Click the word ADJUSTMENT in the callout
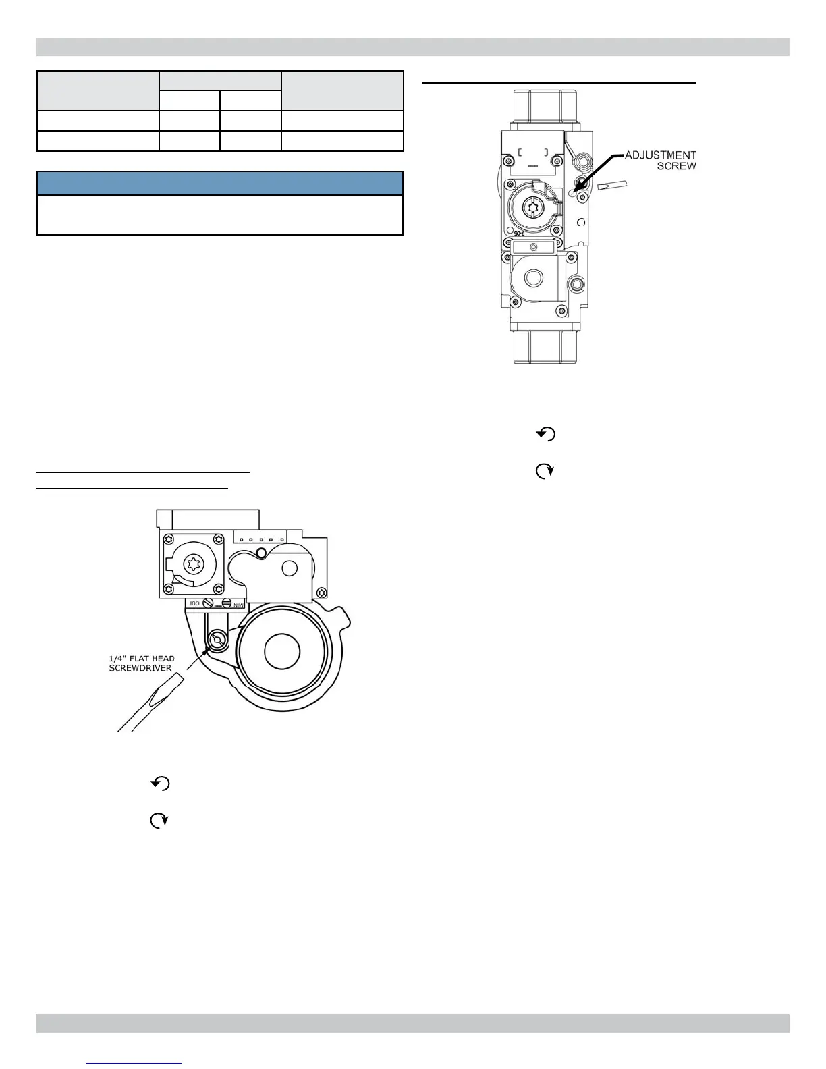click(x=660, y=155)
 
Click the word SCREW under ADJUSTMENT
click(x=676, y=166)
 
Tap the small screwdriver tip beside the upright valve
click(x=612, y=185)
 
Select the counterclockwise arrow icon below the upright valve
click(x=546, y=435)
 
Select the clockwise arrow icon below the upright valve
click(x=544, y=472)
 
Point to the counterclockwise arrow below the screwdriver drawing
click(x=160, y=784)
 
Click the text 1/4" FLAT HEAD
click(x=142, y=659)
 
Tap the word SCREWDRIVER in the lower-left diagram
click(x=140, y=668)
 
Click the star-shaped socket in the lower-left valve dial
click(x=193, y=565)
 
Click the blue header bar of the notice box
click(x=220, y=184)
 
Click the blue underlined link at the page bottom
click(x=134, y=1063)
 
